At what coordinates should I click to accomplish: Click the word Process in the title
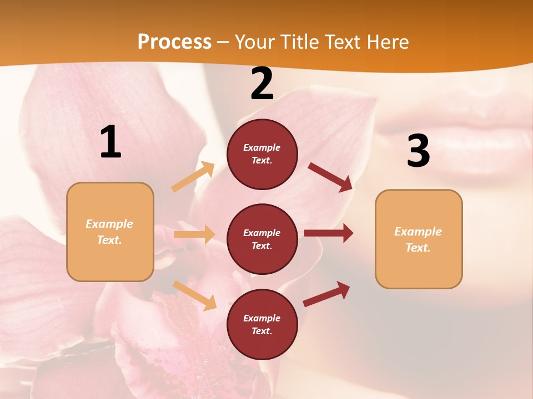(x=174, y=42)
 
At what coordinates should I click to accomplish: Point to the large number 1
(x=110, y=142)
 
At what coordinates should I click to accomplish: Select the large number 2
(x=262, y=84)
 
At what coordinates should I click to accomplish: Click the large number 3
(x=418, y=151)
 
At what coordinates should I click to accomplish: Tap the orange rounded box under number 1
(x=110, y=232)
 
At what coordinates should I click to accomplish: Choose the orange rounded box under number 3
(x=419, y=239)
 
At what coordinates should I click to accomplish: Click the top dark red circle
(x=262, y=154)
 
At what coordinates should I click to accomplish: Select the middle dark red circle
(x=262, y=239)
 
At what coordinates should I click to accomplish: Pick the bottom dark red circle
(x=262, y=324)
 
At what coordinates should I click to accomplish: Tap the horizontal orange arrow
(x=194, y=234)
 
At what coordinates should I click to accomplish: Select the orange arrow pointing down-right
(x=194, y=295)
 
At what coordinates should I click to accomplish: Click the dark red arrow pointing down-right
(x=330, y=177)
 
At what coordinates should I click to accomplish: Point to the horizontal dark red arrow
(x=328, y=233)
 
